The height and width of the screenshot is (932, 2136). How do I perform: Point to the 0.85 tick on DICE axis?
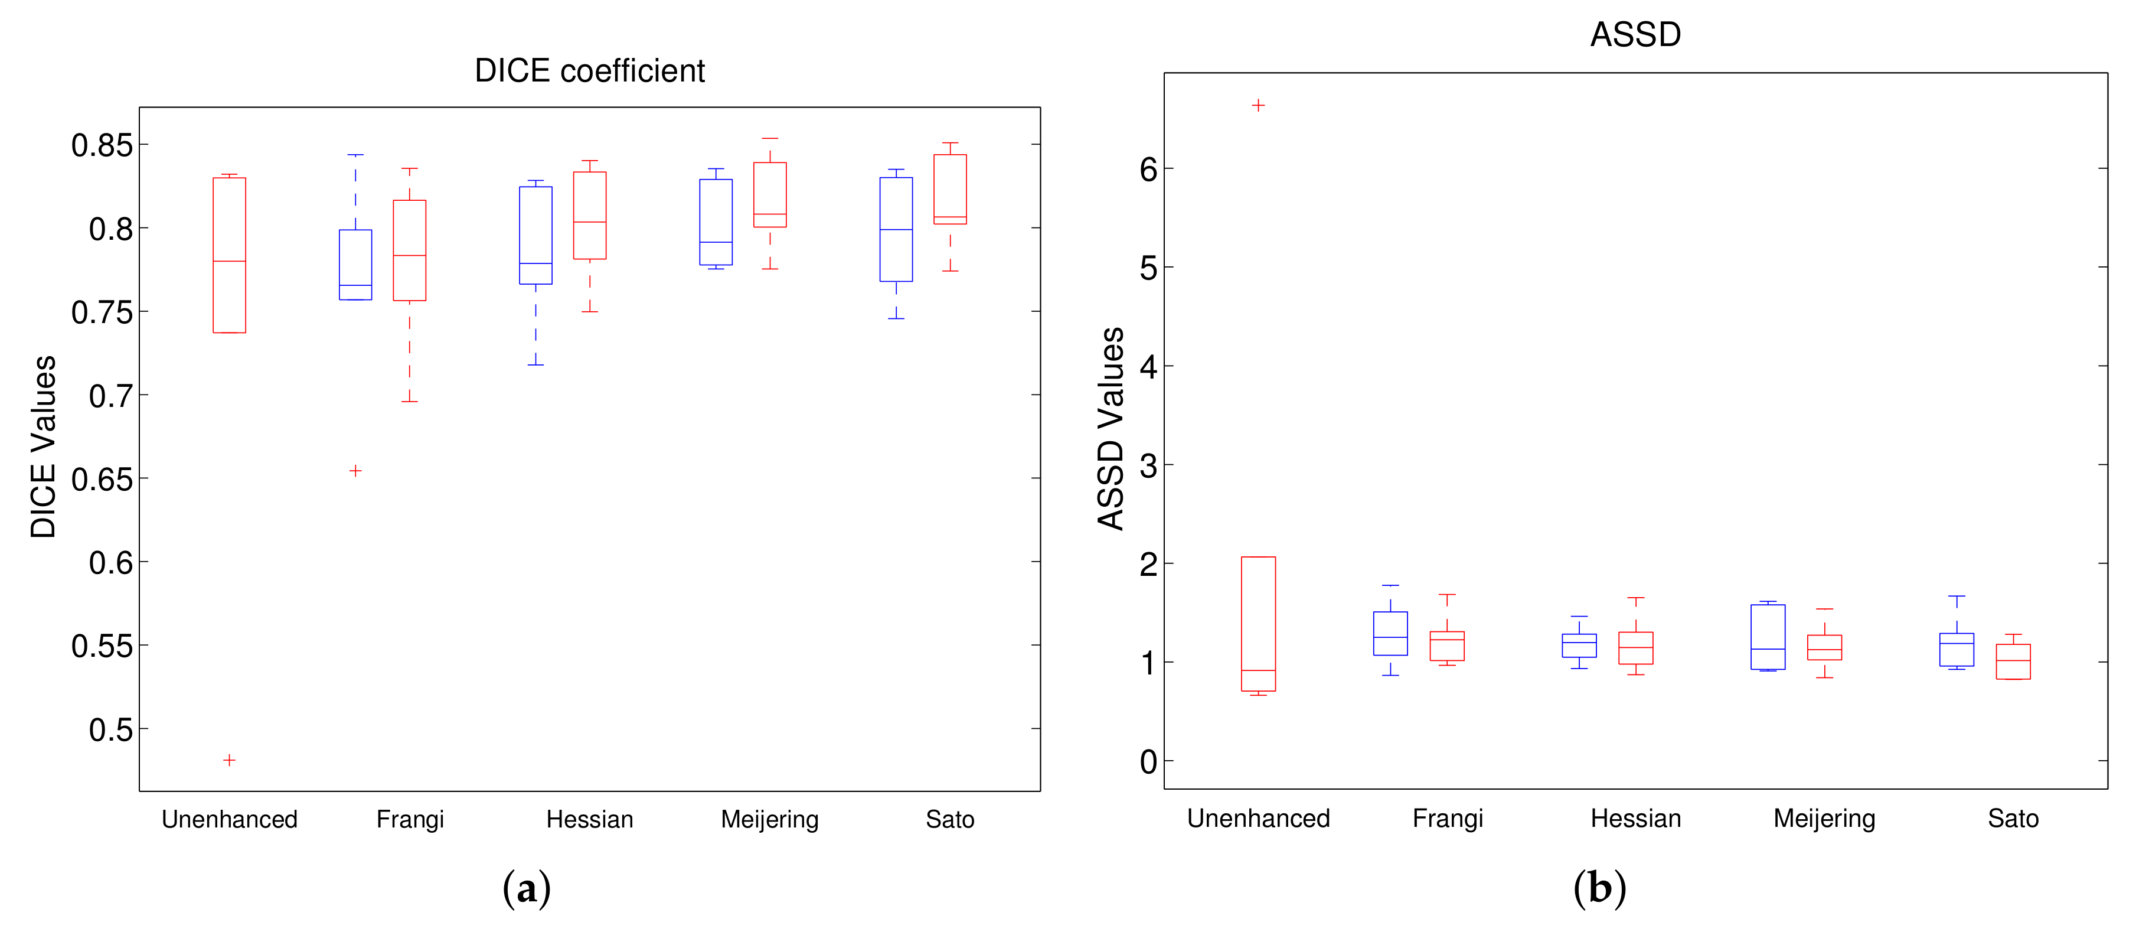(102, 145)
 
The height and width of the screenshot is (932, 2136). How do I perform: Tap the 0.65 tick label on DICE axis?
(102, 479)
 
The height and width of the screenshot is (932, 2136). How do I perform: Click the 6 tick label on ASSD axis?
(1148, 170)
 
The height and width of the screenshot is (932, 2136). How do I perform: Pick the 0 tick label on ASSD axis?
(1148, 761)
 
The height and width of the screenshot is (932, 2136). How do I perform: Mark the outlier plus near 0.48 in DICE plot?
(230, 760)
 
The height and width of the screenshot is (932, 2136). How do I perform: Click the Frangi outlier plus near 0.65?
(355, 471)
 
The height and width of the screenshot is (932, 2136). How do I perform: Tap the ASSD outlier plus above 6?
(1258, 105)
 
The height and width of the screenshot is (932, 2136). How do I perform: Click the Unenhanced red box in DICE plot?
(230, 255)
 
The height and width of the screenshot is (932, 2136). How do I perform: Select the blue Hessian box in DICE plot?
(535, 236)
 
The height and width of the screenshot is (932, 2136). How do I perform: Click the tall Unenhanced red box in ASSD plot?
(1258, 624)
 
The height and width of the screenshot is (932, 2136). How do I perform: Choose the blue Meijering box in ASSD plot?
(1768, 637)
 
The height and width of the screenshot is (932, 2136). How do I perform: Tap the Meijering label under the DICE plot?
(769, 819)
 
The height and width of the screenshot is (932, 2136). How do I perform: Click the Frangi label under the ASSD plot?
(1447, 819)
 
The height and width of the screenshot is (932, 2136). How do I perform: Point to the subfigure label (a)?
(527, 888)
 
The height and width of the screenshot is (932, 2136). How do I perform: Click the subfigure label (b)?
(1599, 888)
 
